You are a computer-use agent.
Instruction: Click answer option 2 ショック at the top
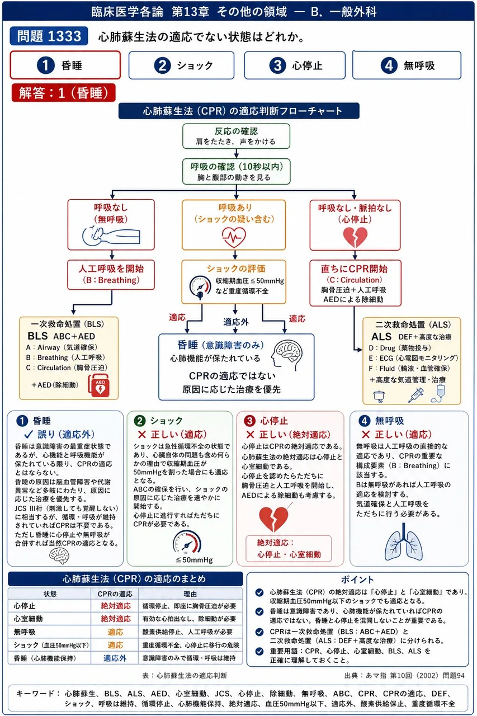point(181,65)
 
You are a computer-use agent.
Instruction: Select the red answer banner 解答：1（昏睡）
point(63,93)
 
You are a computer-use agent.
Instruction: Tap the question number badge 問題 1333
point(49,36)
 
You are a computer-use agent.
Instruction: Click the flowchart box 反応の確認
point(236,136)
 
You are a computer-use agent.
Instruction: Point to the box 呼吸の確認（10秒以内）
point(236,171)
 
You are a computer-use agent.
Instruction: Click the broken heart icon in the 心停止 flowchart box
point(355,237)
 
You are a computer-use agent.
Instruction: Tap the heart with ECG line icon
point(234,237)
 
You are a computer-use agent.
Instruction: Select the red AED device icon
point(100,385)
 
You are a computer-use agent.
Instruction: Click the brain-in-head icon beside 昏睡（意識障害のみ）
point(286,355)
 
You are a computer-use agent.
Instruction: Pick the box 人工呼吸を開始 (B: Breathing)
point(111,275)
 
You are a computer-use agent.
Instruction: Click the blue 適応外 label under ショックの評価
point(236,322)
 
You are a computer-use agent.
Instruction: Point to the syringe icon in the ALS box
point(416,395)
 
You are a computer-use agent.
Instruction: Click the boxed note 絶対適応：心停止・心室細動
point(289,549)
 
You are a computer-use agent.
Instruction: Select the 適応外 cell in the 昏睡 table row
point(115,658)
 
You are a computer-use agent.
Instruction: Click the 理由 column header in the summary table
point(190,594)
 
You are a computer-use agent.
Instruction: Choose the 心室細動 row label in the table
point(28,619)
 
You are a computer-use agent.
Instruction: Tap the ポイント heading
point(357,580)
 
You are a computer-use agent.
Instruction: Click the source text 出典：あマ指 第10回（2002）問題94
point(404,675)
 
